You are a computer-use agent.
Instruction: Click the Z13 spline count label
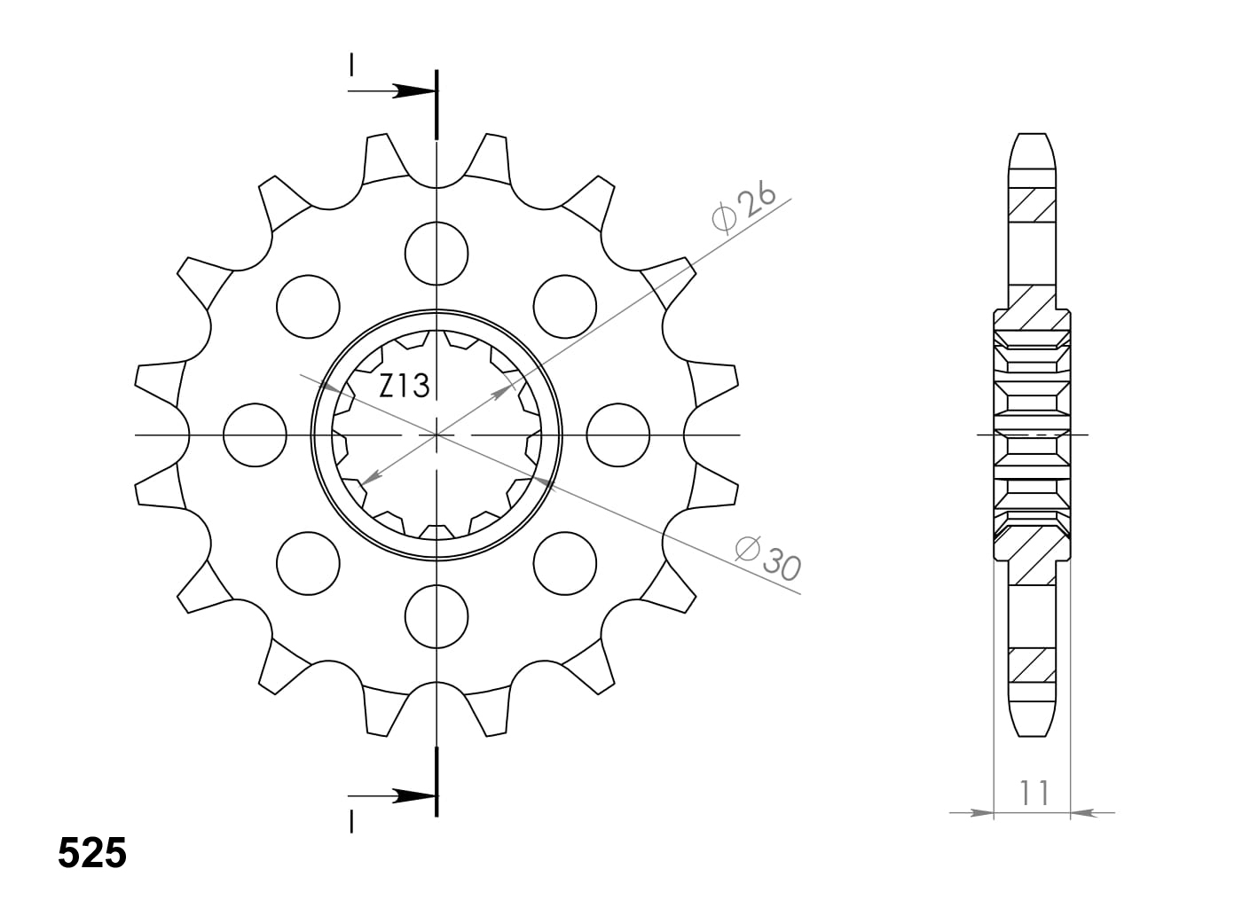point(405,386)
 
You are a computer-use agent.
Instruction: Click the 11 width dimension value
point(1034,792)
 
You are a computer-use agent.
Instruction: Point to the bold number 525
point(92,853)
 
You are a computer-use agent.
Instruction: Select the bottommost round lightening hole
point(436,617)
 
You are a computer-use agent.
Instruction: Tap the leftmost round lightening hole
point(256,435)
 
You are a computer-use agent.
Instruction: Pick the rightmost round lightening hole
point(618,435)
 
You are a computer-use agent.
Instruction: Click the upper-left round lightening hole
point(308,307)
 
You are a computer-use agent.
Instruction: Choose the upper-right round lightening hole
point(565,307)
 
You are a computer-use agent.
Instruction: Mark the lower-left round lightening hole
point(308,564)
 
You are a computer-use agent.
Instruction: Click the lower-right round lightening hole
point(565,564)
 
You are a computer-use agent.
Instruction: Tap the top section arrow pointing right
point(413,90)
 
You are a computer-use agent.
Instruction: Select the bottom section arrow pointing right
point(413,795)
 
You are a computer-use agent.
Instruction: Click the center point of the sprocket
point(436,435)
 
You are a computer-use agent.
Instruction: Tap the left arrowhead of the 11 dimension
point(981,812)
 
